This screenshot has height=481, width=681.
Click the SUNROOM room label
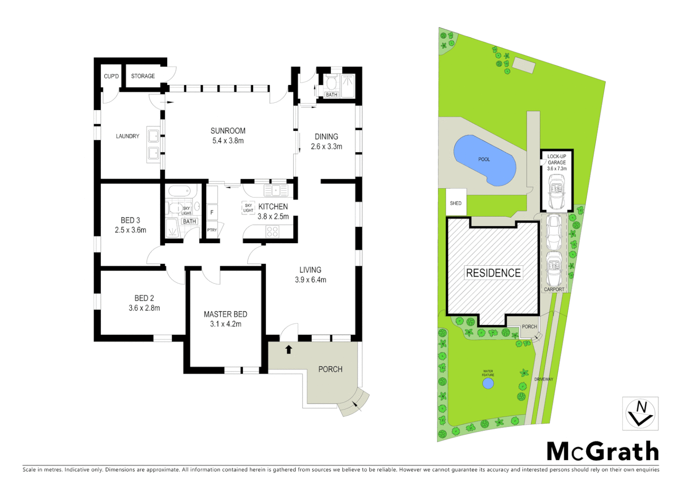point(228,130)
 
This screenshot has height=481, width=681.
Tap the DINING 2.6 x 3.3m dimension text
point(326,147)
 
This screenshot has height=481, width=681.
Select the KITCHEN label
point(273,207)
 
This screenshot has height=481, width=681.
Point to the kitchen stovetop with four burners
point(272,232)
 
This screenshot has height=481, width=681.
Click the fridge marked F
point(212,212)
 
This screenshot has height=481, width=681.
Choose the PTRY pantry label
point(212,230)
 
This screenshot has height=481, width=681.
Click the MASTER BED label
point(226,314)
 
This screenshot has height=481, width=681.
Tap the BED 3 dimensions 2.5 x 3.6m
point(131,230)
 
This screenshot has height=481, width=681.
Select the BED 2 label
point(144,298)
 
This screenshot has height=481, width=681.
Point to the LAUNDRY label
point(127,136)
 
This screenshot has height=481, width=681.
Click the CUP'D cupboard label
point(111,76)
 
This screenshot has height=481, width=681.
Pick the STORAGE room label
point(143,76)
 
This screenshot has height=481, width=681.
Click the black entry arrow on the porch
point(289,350)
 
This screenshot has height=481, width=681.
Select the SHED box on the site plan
point(456,203)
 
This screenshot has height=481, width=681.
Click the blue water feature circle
point(488,383)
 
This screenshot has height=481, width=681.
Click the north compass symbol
point(640,413)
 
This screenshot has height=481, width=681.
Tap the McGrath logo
point(603,452)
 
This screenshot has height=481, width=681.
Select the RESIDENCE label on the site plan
point(493,273)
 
